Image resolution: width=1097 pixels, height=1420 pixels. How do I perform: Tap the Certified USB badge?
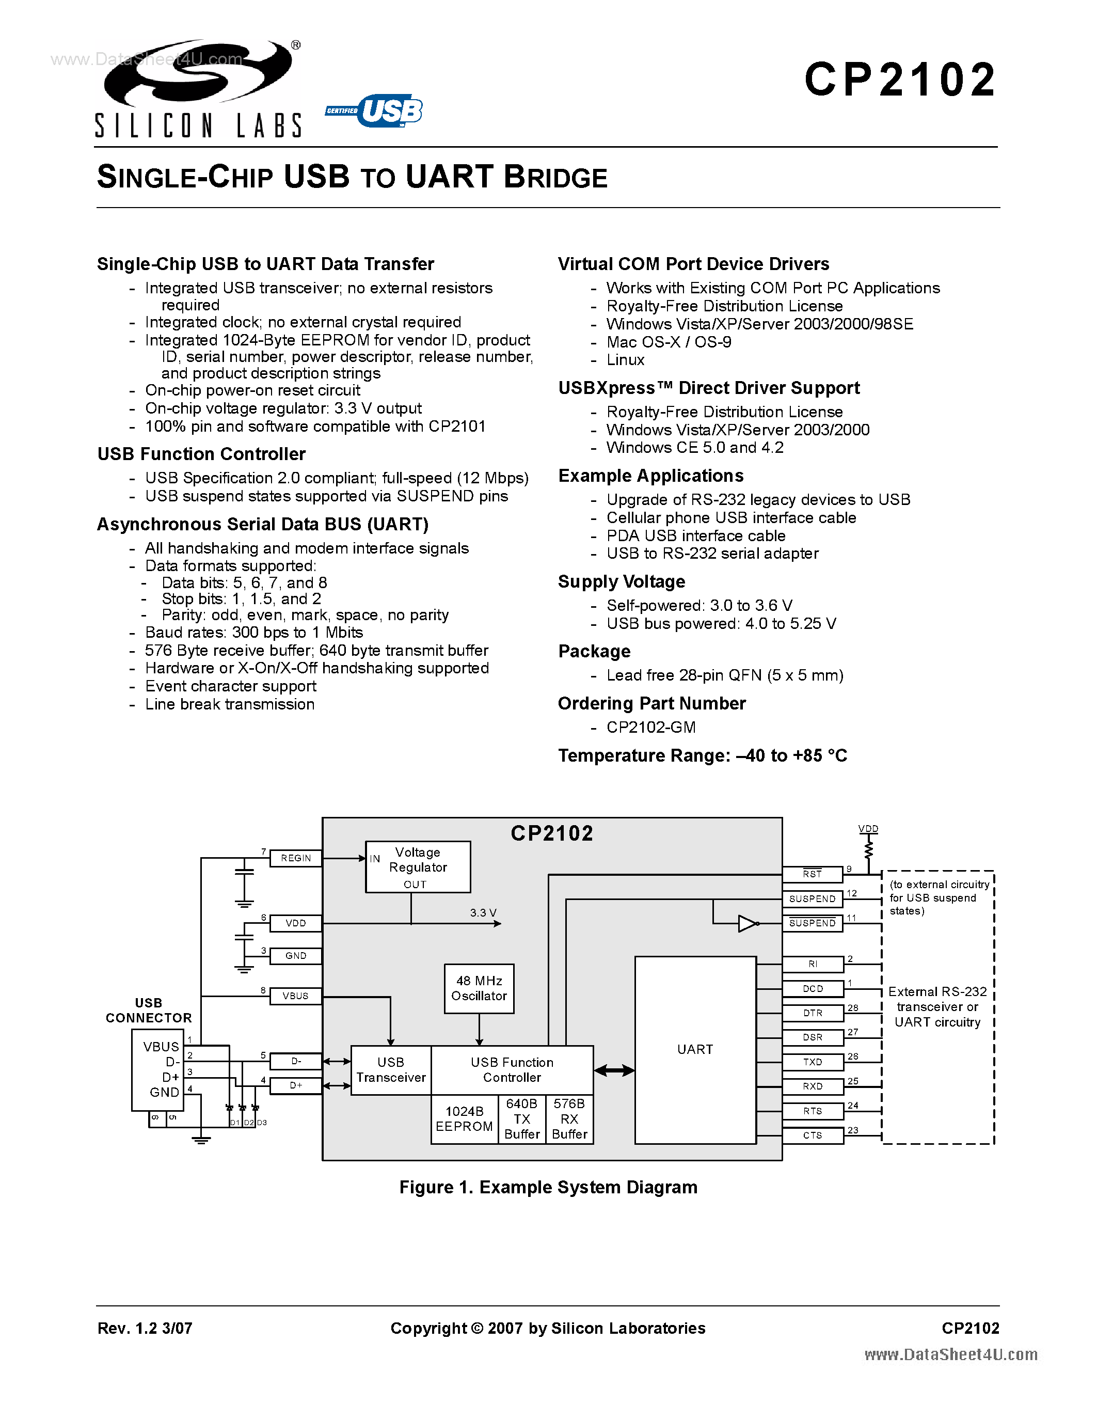click(x=374, y=111)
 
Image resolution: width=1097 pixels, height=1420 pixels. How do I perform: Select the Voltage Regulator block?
click(x=418, y=866)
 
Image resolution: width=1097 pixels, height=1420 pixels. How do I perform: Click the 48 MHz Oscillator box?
click(x=479, y=988)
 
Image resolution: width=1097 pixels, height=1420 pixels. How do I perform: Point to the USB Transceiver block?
click(x=391, y=1069)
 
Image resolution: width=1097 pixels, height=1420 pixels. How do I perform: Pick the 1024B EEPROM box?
click(x=464, y=1119)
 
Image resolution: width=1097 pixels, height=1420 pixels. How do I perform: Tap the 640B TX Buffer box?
click(x=522, y=1119)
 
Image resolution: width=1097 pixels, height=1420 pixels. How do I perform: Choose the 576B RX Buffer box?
click(x=569, y=1119)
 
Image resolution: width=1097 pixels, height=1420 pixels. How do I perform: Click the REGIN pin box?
click(x=296, y=858)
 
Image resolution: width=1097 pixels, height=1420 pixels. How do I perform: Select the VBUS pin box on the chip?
click(x=296, y=996)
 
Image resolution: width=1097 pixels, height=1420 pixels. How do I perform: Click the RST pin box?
click(x=813, y=874)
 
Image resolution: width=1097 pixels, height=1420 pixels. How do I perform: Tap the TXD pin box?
click(x=813, y=1062)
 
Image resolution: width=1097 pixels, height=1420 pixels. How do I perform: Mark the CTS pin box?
click(x=813, y=1135)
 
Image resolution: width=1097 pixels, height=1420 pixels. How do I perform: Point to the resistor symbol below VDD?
click(x=868, y=848)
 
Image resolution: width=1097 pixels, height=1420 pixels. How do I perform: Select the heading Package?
click(x=594, y=652)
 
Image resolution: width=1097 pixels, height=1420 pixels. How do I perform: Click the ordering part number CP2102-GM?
click(x=650, y=727)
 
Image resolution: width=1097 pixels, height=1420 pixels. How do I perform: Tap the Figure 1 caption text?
click(x=548, y=1187)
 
